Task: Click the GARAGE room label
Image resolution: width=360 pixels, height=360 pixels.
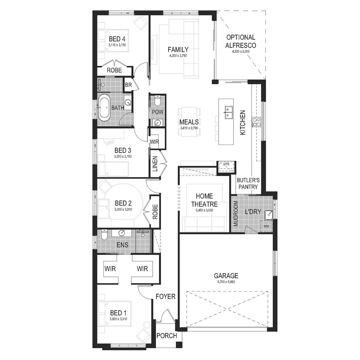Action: (226, 275)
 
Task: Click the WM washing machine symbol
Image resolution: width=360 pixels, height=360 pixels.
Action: (266, 226)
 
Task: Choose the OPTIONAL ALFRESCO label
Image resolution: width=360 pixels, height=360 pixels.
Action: (241, 41)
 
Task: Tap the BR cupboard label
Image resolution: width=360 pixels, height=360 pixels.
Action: (128, 85)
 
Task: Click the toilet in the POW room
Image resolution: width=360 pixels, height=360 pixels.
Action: (157, 100)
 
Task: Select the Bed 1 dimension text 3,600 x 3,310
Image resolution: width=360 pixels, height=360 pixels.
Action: (118, 319)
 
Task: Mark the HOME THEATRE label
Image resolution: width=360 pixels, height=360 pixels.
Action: (204, 200)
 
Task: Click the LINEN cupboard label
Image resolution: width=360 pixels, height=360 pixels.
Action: (155, 164)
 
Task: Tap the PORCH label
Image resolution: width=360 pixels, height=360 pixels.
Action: (167, 336)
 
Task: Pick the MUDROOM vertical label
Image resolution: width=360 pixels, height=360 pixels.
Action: (235, 214)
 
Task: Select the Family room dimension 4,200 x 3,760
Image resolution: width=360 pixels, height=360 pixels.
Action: (178, 56)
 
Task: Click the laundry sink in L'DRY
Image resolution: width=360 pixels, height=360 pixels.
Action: (269, 214)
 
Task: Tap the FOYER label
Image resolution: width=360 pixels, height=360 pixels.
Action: (165, 296)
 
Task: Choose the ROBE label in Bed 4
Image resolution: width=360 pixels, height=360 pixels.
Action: (114, 70)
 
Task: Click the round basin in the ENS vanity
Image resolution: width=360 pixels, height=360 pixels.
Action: (122, 233)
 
